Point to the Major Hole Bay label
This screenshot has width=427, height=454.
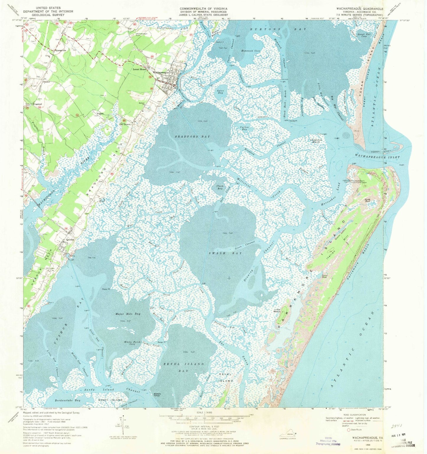[x=128, y=314]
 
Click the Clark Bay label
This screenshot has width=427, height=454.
[x=220, y=187]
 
